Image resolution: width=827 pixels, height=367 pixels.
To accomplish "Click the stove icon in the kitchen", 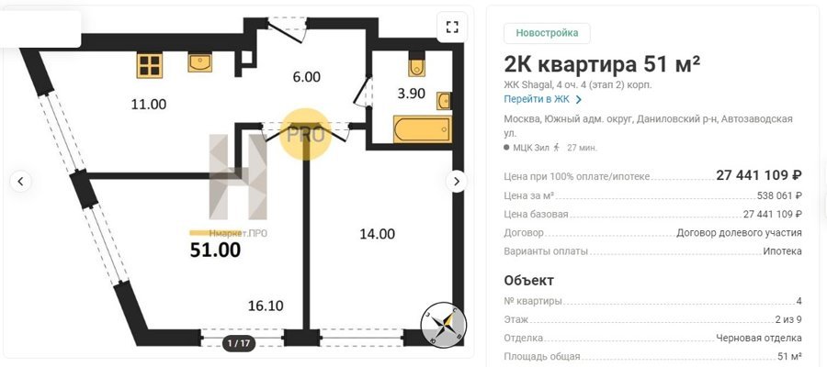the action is point(149,65).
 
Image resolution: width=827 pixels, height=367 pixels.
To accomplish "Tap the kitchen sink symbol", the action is point(200,62).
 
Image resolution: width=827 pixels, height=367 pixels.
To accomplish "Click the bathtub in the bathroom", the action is point(423,129).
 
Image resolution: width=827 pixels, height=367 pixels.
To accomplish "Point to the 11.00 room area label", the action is point(149,105).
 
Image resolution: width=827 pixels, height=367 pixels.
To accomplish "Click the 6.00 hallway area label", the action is point(306,77).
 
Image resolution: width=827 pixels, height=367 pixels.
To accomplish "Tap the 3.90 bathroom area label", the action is point(411,94).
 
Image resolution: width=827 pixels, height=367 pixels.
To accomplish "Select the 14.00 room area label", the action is point(377,234).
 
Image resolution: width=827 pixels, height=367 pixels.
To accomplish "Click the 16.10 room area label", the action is point(266,306).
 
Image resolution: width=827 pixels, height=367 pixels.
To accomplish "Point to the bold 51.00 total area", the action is point(215,250).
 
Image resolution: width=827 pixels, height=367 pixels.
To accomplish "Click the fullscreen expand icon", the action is point(452,27).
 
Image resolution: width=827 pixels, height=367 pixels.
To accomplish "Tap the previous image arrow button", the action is point(20,182).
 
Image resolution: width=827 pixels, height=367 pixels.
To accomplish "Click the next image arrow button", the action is point(456,182).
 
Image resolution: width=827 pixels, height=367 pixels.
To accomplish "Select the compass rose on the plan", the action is point(444,325).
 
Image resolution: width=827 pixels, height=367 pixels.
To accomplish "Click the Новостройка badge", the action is point(547,33).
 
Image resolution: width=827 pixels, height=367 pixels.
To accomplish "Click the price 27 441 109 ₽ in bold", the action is point(759,175).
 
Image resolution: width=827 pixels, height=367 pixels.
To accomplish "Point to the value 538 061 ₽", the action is point(779,195).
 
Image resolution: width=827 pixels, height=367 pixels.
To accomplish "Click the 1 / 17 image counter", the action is point(239,344).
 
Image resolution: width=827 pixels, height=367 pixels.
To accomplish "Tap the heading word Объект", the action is point(529,280).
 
